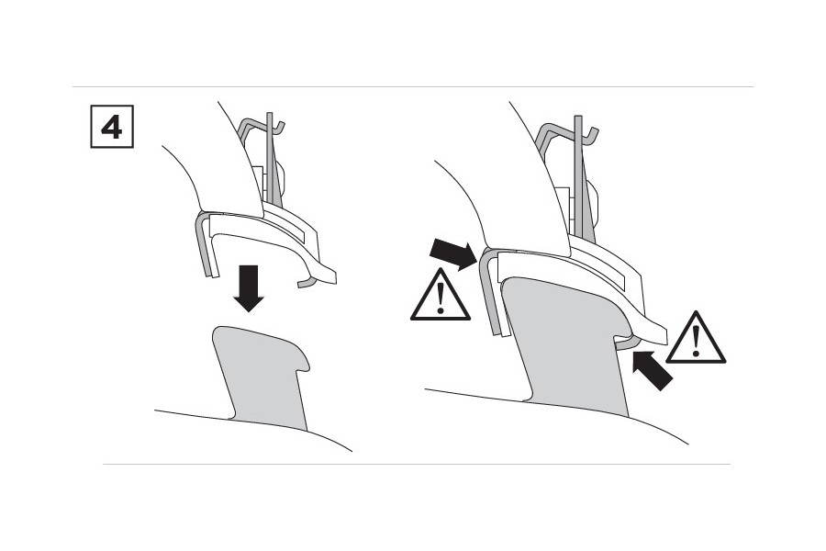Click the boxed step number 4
point(112,127)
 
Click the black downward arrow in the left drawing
point(249,287)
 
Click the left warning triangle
point(440,296)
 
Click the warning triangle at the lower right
point(696,339)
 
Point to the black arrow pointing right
point(453,253)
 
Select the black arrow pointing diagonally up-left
point(653,371)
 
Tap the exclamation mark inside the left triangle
point(441,298)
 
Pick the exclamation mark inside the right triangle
point(697,341)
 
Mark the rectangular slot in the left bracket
point(284,227)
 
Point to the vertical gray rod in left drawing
point(271,158)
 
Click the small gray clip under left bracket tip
point(307,283)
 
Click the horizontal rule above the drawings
point(412,86)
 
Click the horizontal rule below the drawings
point(417,464)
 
